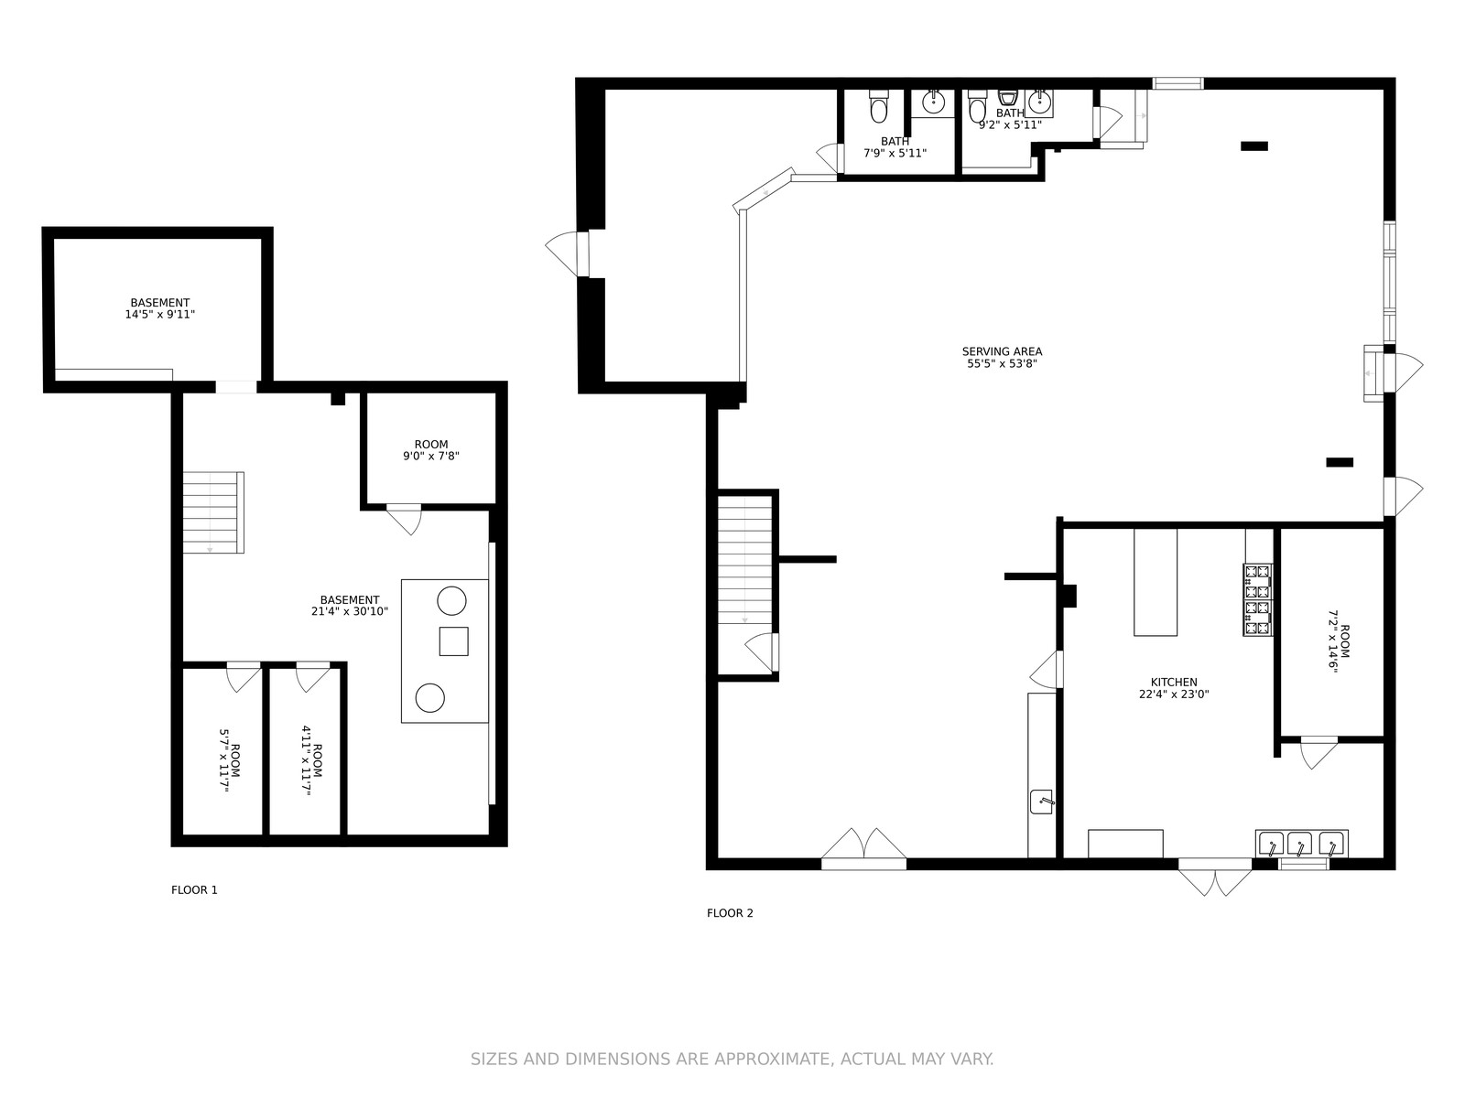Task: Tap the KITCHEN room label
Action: (1173, 682)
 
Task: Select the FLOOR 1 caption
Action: (194, 889)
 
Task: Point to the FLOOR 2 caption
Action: (730, 912)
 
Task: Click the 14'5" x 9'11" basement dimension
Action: (160, 314)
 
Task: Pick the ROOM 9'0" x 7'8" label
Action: (431, 450)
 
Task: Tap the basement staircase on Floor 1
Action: (213, 512)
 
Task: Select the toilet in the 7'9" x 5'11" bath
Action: (878, 107)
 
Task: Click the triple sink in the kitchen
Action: (1301, 844)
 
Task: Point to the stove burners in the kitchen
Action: (1257, 599)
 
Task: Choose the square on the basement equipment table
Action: (454, 641)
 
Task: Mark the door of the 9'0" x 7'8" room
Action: (404, 519)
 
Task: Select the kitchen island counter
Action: (1156, 582)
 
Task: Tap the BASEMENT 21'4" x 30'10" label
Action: (349, 606)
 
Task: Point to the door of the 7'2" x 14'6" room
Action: (1318, 752)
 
